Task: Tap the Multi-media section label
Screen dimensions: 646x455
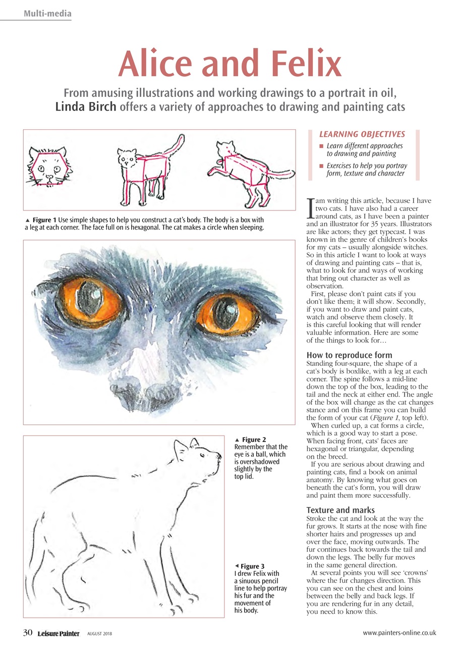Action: tap(47, 13)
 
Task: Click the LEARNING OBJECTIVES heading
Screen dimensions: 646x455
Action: tap(362, 134)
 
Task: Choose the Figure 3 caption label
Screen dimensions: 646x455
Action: tap(252, 566)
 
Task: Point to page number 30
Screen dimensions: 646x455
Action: tap(28, 633)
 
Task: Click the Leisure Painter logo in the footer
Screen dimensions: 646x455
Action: tap(58, 633)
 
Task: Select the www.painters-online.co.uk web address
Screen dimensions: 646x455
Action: tap(400, 633)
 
